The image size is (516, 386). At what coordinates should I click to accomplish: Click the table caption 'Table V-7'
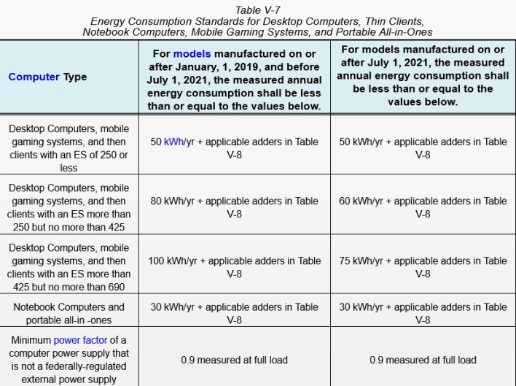coord(257,9)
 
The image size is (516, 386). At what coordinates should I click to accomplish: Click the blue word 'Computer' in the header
coord(34,77)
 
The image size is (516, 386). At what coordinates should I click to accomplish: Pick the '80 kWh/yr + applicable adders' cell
coord(234,207)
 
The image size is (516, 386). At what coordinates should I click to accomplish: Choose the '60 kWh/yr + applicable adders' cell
coord(423,207)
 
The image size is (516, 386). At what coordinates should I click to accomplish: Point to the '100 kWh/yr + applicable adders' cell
coord(234,267)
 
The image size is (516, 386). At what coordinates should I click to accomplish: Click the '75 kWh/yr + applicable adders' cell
coord(423,267)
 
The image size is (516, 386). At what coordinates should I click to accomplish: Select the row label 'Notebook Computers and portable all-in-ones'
coord(69,314)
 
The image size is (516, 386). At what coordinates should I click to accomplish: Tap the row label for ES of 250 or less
coord(69,147)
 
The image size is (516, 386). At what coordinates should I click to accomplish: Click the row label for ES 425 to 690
coord(69,267)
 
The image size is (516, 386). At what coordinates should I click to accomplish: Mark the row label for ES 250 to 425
coord(69,207)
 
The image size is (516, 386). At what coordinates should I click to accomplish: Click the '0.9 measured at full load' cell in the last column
coord(423,360)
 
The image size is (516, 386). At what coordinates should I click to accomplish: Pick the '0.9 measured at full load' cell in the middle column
coord(234,360)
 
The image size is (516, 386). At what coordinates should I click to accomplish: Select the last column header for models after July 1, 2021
coord(423,76)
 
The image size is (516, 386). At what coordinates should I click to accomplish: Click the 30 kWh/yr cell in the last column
coord(423,314)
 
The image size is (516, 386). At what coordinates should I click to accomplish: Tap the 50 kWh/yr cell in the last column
coord(423,147)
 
